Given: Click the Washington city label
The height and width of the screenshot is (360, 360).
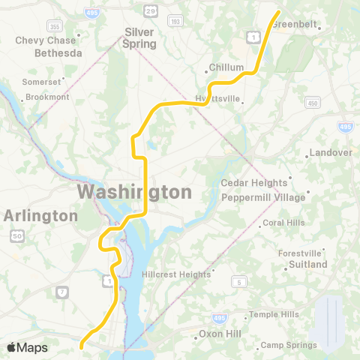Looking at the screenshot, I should (x=134, y=192).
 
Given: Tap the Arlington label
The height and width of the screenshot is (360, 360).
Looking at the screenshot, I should (x=40, y=216).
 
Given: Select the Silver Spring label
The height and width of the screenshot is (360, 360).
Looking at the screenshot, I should (x=140, y=38).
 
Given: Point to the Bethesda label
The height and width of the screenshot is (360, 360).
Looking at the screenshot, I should (x=58, y=53).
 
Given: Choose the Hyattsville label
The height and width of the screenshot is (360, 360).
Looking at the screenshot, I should (x=217, y=98).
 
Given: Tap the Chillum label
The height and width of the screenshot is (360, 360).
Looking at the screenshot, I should (x=226, y=67).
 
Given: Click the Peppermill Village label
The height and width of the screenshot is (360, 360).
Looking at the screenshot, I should (x=263, y=196).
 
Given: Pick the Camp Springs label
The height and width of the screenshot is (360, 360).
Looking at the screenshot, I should (x=289, y=345).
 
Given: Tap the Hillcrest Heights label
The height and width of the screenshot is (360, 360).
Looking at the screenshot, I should (x=176, y=274).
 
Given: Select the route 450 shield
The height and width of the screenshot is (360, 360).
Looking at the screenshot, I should (x=313, y=103).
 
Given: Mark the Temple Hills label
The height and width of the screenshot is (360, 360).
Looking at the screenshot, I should (x=274, y=314).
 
